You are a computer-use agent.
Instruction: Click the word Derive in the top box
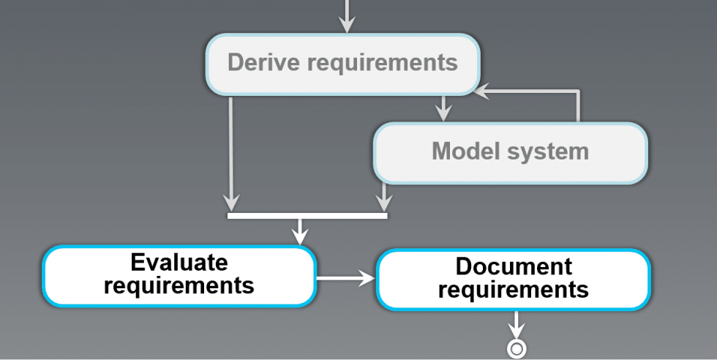tap(260, 63)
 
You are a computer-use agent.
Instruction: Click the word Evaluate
tap(179, 263)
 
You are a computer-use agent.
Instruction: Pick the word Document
tap(514, 266)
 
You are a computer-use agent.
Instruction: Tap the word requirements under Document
tap(514, 290)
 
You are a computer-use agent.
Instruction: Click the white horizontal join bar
tap(307, 215)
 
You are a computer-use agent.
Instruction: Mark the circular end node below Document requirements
tap(517, 349)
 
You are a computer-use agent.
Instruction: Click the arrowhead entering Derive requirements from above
tap(348, 26)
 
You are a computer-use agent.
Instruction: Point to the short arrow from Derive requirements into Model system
tap(442, 108)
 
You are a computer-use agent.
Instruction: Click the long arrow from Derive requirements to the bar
tap(230, 154)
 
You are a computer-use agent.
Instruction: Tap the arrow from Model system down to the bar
tap(382, 196)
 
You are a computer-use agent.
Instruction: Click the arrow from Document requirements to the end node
tap(517, 324)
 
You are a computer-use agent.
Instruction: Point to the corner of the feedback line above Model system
tap(579, 91)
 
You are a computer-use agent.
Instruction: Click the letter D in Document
tap(463, 266)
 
